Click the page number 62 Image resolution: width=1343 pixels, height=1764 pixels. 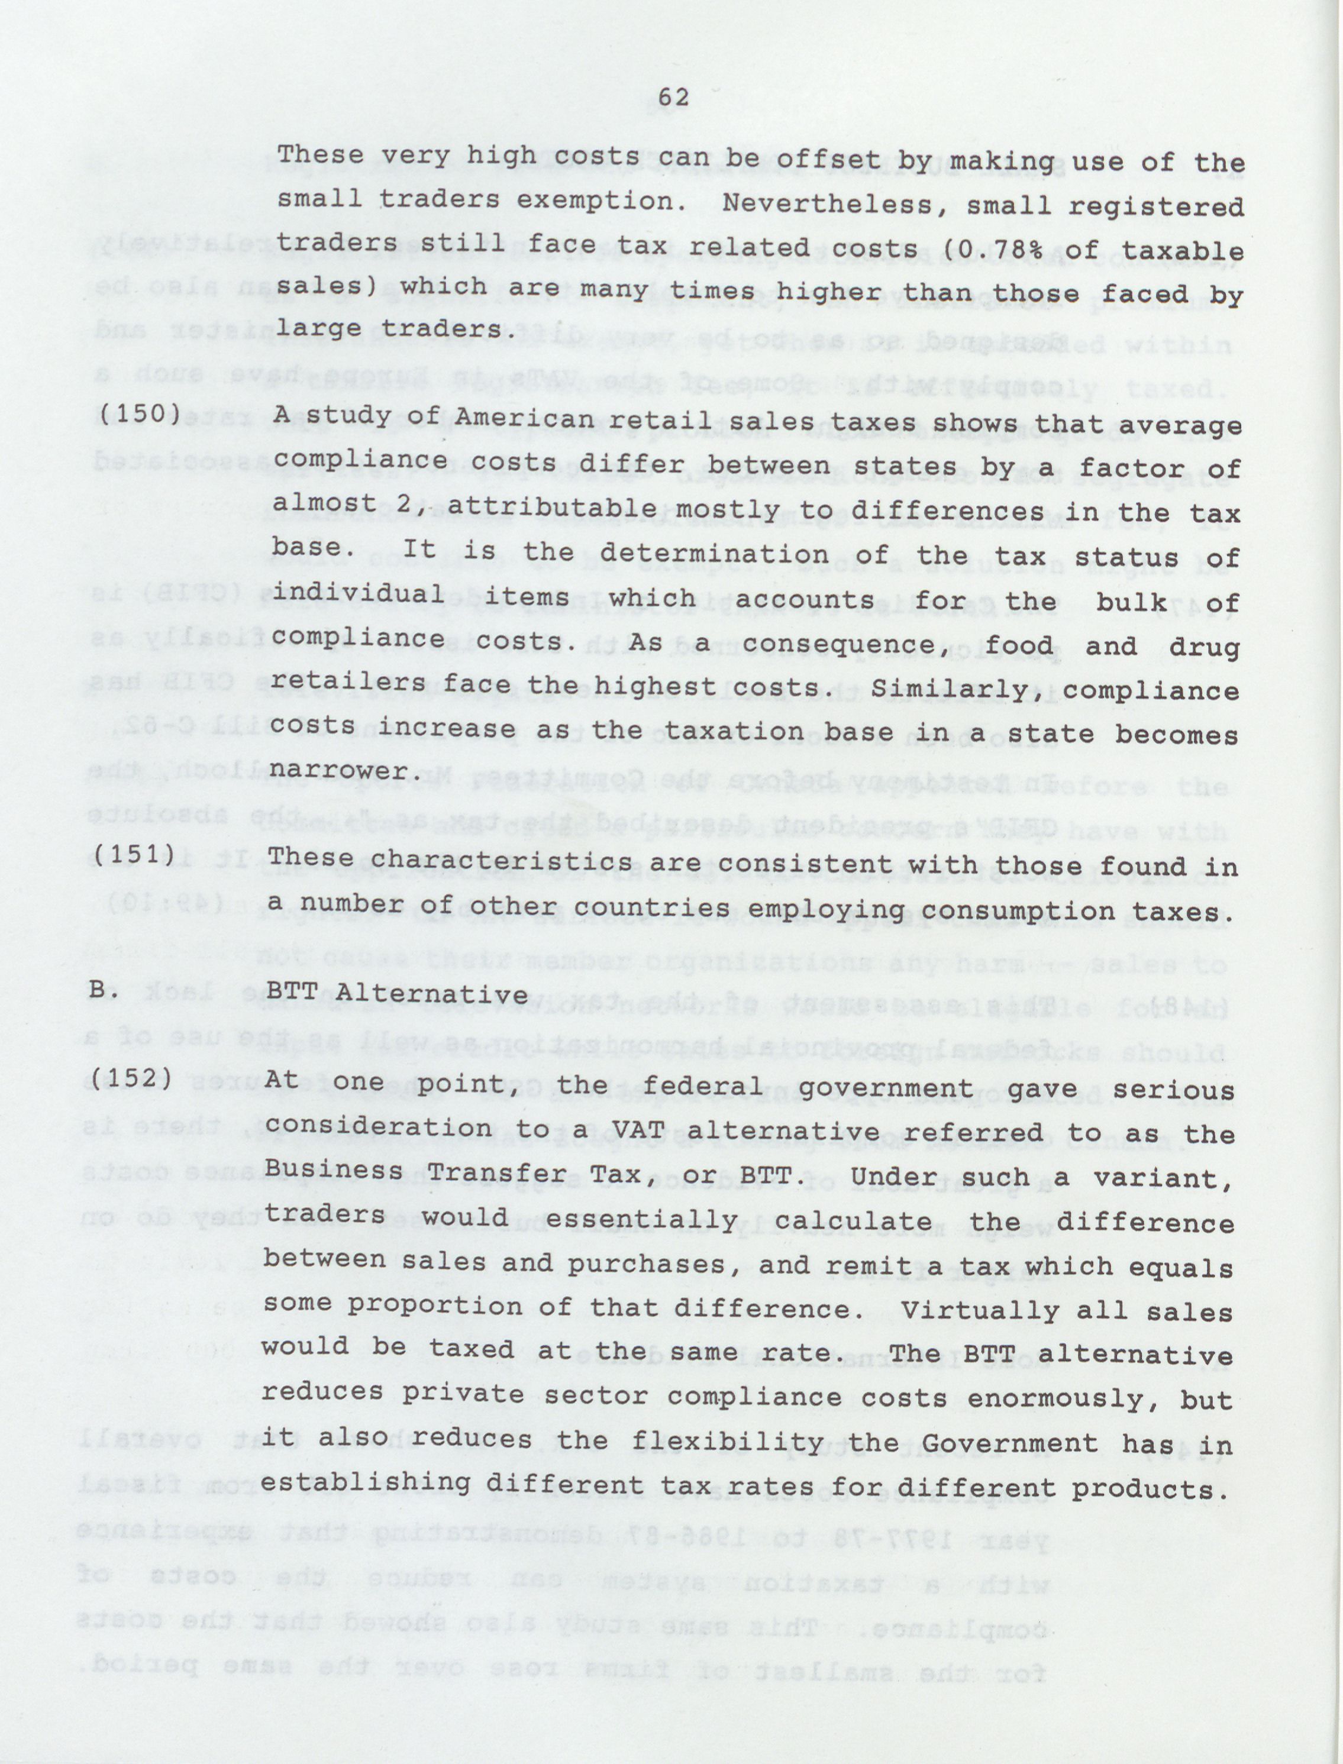[673, 98]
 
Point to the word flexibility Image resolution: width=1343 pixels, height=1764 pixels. [728, 1443]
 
